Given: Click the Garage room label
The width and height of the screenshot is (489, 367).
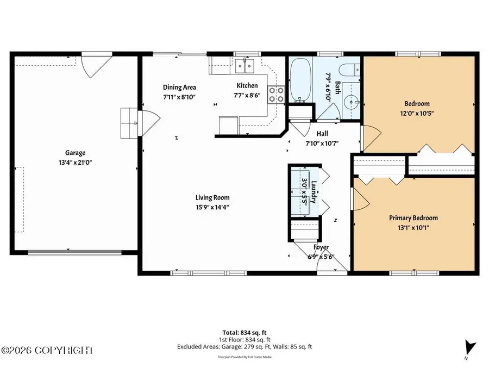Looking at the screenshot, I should [76, 153].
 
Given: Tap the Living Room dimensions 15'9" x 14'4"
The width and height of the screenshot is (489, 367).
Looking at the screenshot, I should [213, 207].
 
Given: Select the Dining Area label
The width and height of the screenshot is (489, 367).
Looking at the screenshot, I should [180, 87].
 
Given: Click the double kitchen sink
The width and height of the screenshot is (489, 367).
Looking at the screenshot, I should [246, 66].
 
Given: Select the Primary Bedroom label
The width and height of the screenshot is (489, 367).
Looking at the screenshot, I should [413, 217].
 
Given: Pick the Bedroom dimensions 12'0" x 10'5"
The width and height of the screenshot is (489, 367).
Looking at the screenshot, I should [417, 113].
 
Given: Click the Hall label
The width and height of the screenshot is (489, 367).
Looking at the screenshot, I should [322, 133].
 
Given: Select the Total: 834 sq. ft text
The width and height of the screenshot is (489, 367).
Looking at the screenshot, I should [244, 332].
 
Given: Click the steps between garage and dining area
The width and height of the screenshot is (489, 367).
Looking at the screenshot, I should [129, 123].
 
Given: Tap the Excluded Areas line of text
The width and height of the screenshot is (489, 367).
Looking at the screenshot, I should [244, 346].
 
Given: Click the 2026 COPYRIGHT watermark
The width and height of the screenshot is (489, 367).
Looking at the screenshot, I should [48, 351].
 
